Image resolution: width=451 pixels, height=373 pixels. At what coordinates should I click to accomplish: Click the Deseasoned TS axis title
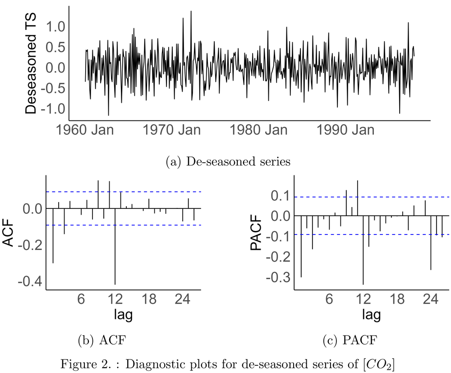[32, 63]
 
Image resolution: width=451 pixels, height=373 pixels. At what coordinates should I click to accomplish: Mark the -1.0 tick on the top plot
[51, 109]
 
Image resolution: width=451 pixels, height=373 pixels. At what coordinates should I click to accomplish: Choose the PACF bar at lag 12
[363, 250]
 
